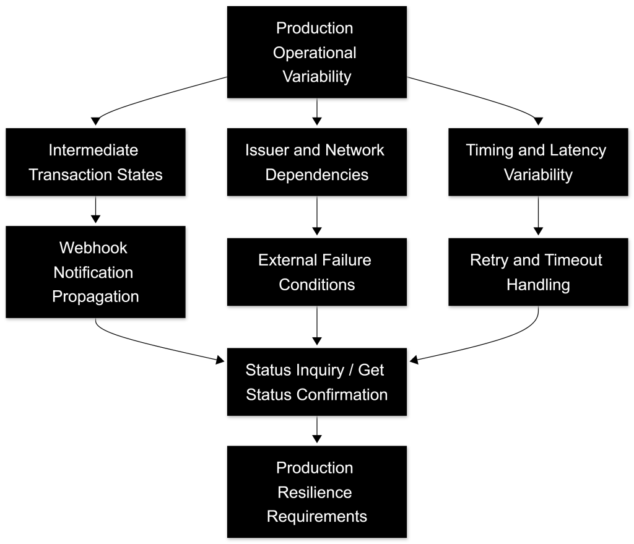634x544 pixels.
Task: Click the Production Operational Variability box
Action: [316, 52]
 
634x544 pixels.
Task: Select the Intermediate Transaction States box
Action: [95, 162]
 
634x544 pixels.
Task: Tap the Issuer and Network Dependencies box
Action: [316, 162]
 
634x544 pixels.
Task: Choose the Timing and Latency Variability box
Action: [538, 162]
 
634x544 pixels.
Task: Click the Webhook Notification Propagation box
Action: [95, 272]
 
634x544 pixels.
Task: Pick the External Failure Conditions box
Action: [316, 272]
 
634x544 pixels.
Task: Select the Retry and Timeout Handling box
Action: [538, 272]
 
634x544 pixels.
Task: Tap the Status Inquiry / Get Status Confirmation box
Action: [316, 382]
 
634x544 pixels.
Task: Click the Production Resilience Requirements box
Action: [316, 492]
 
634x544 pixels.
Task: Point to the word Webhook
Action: [93, 248]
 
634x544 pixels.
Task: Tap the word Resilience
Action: [315, 492]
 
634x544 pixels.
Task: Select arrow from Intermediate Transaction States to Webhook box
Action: [95, 210]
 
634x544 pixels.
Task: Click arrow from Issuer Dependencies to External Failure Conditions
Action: [317, 216]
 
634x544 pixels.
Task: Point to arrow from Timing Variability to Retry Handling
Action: [538, 216]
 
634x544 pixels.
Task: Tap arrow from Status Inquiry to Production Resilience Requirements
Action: [317, 430]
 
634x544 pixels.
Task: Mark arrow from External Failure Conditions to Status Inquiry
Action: [317, 326]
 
